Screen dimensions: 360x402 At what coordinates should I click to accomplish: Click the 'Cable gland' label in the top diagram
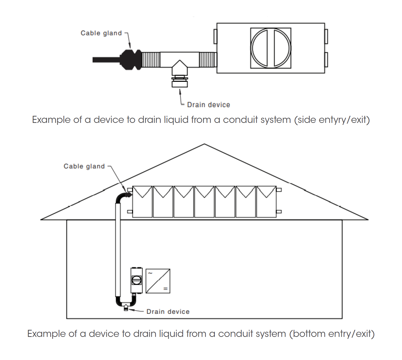click(x=101, y=33)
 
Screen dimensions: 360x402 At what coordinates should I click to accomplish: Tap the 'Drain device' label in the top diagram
click(x=208, y=105)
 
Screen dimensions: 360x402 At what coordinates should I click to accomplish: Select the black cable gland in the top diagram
click(x=131, y=59)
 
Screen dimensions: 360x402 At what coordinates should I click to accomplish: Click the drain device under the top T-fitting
click(x=180, y=82)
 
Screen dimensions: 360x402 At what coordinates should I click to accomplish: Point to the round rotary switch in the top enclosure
click(x=271, y=48)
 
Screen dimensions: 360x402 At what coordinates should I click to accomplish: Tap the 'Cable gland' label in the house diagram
click(x=84, y=166)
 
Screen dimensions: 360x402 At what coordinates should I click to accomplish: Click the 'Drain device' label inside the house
click(x=168, y=312)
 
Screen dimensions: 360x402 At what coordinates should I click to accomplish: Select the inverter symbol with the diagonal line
click(x=158, y=281)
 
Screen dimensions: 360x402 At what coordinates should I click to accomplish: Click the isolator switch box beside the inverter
click(x=136, y=280)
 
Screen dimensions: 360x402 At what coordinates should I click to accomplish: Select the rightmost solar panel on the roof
click(x=266, y=201)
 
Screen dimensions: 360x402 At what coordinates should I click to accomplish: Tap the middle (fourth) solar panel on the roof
click(x=204, y=201)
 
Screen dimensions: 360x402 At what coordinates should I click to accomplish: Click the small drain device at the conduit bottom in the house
click(x=126, y=308)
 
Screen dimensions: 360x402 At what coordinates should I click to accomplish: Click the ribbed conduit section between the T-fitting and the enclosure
click(x=207, y=60)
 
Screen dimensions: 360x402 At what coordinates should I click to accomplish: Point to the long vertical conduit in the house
click(x=118, y=250)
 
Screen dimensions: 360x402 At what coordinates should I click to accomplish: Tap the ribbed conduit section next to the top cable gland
click(x=151, y=60)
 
